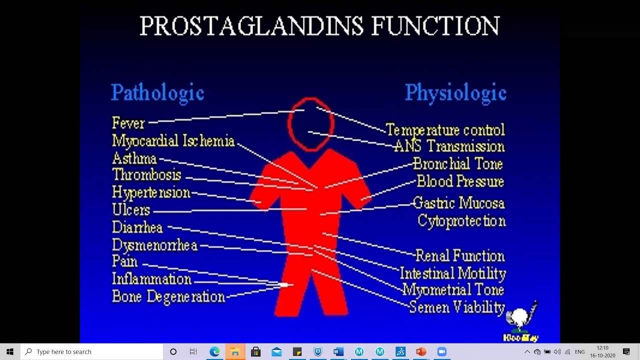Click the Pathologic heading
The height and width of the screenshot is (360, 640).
(x=157, y=93)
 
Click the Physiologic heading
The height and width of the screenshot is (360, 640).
(x=455, y=93)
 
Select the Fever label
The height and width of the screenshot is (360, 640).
(x=128, y=123)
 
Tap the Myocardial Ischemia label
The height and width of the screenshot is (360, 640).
(x=173, y=140)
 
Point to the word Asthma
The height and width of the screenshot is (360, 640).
(x=134, y=159)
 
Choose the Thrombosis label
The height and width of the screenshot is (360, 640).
(x=146, y=175)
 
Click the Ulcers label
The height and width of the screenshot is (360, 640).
(x=131, y=210)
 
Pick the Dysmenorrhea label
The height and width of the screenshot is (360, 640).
(x=155, y=245)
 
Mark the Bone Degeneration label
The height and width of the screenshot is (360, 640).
(x=168, y=296)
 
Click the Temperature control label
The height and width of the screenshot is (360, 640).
(x=445, y=130)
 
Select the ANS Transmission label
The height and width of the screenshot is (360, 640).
(x=449, y=146)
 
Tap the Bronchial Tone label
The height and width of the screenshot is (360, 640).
(x=457, y=164)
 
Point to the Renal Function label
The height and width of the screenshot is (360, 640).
(x=460, y=256)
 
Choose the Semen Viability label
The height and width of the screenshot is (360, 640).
(x=457, y=307)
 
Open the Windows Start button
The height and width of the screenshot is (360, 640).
(x=10, y=351)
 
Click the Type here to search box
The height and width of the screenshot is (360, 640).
(x=93, y=351)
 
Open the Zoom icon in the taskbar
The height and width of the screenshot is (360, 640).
(x=441, y=351)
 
